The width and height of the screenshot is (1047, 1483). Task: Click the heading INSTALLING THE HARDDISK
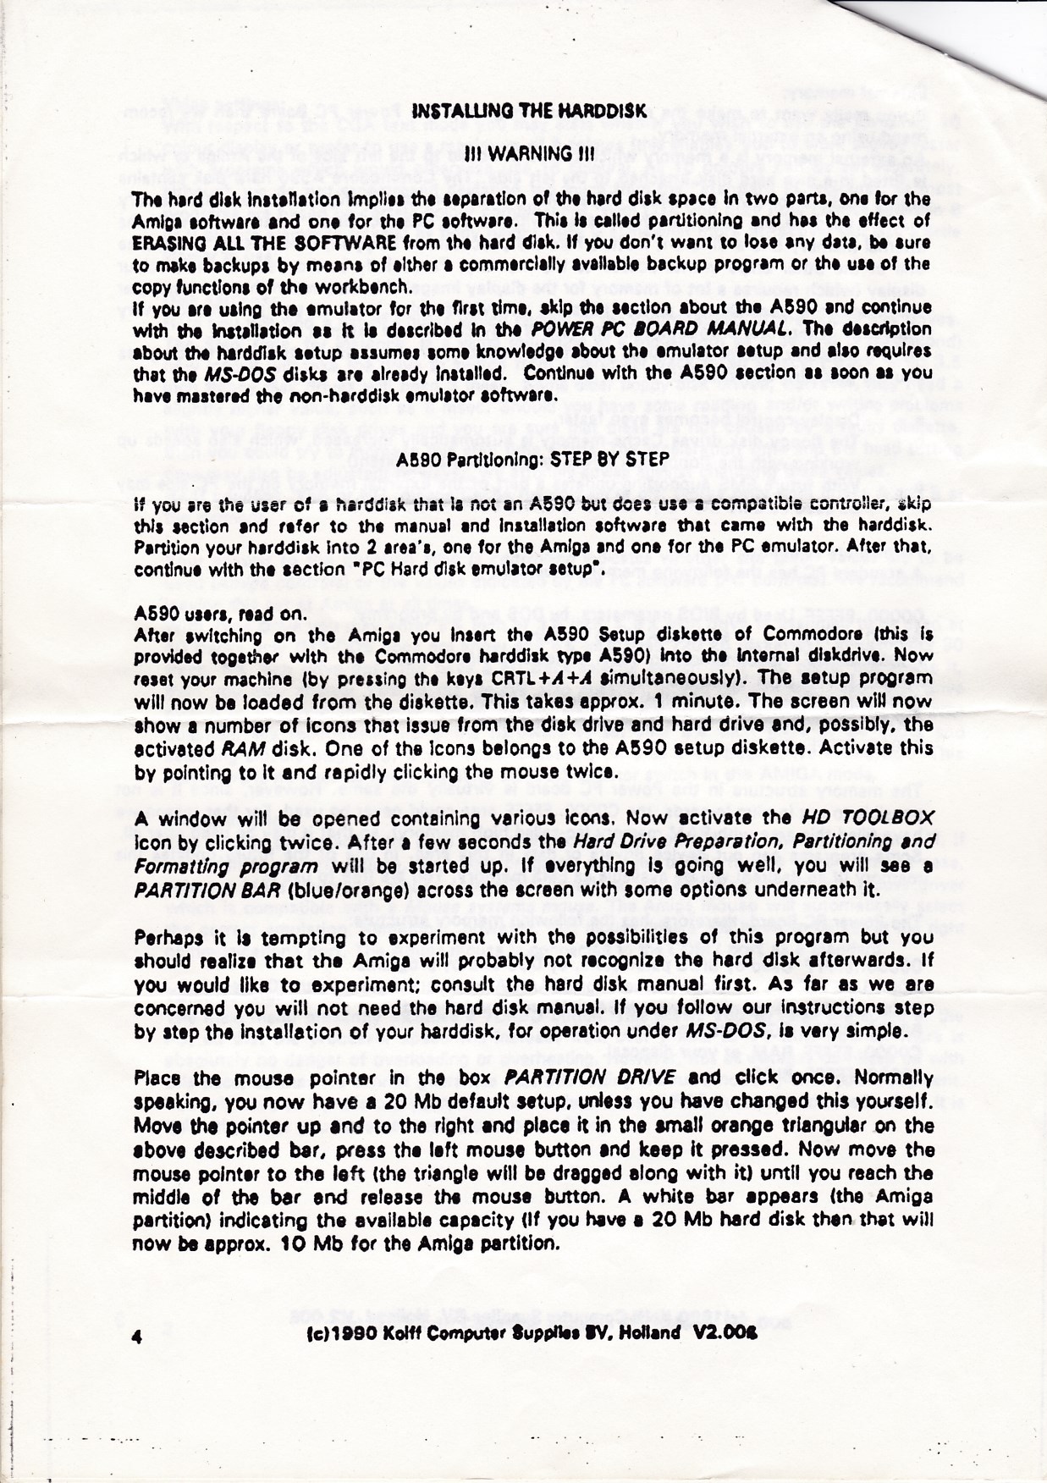pyautogui.click(x=528, y=111)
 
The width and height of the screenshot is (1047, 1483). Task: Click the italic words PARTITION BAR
pyautogui.click(x=209, y=891)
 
